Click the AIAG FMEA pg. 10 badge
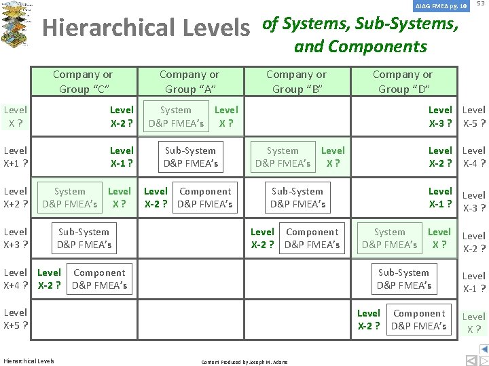[x=441, y=6]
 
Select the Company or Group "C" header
[x=83, y=81]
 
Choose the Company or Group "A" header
[x=189, y=81]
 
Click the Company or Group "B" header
[x=296, y=81]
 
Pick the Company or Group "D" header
[x=403, y=81]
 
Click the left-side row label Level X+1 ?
[x=16, y=157]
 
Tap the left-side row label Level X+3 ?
[x=16, y=238]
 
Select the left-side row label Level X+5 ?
[x=16, y=319]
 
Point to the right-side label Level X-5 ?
[x=473, y=116]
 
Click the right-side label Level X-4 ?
[x=473, y=157]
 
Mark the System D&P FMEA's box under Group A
[x=177, y=116]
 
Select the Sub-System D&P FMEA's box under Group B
[x=297, y=197]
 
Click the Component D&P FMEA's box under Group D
[x=419, y=319]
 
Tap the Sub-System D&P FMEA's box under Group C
[x=84, y=238]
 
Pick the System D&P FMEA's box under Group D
[x=390, y=238]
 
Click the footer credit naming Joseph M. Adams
[x=244, y=362]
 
